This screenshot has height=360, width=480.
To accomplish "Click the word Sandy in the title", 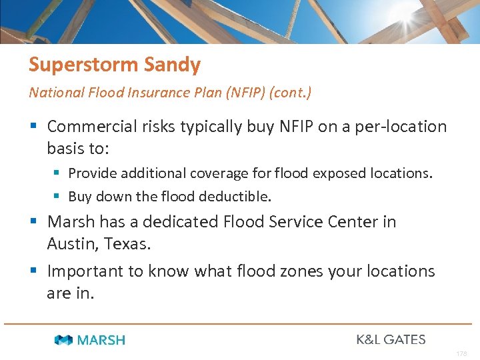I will click(177, 65).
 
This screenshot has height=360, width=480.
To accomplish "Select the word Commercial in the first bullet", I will click(94, 127).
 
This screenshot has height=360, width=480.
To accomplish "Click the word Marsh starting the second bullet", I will click(71, 221).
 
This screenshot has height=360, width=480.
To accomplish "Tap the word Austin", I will click(73, 244).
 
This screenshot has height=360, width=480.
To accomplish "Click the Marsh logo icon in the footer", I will click(64, 340).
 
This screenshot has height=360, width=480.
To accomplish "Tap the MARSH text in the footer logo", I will click(101, 340).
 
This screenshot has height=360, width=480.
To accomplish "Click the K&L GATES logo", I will click(391, 339).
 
